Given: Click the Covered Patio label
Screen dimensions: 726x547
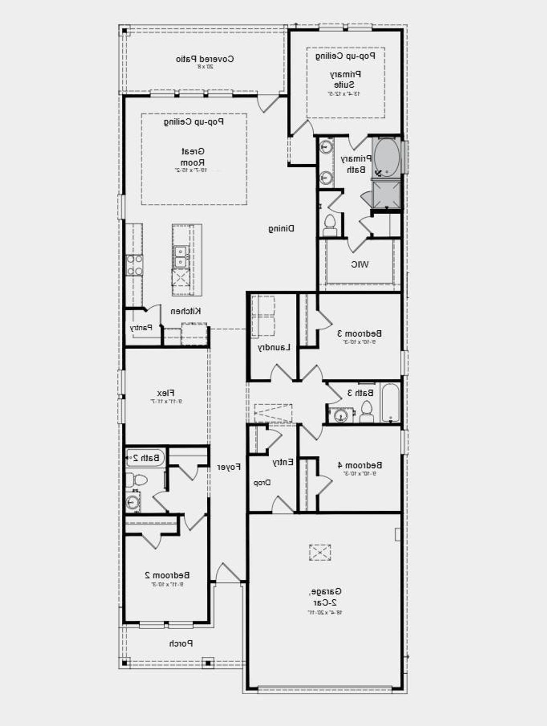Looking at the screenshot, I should pos(205,59).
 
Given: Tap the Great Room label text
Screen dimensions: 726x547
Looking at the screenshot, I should pos(193,157).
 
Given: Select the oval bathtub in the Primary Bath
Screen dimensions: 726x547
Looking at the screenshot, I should pos(387,157).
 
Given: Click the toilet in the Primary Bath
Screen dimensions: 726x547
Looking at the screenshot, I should pos(330,225).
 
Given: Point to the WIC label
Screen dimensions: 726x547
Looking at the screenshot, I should pos(360,264).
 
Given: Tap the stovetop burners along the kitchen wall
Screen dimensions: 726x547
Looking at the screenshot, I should pos(135,265).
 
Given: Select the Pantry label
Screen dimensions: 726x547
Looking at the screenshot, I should pos(141,328).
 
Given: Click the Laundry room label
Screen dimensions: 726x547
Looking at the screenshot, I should pos(274,347).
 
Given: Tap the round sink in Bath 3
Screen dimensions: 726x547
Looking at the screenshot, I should pos(341,415).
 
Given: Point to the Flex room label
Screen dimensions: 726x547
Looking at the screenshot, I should pos(166,393).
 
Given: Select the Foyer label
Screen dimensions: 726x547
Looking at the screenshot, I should pos(229,467).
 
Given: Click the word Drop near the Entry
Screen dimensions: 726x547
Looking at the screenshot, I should pos(262,483).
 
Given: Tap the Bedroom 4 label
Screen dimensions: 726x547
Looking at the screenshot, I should pos(360,465).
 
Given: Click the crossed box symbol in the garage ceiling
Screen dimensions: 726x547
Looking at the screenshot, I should pos(320,552).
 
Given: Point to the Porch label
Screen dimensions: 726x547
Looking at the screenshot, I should pos(181,643).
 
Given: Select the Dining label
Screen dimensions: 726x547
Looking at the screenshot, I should pos(281,228).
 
